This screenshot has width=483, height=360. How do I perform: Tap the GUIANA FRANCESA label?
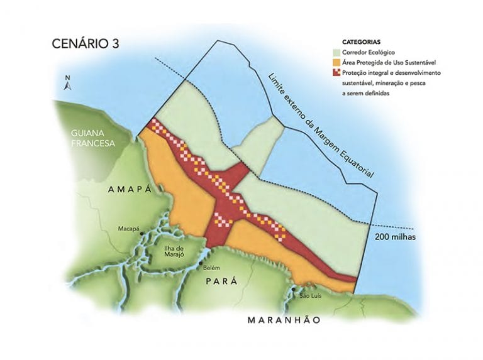pos(91,138)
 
